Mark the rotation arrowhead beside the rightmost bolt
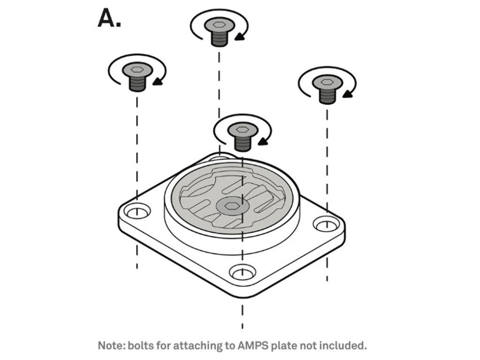coord(347,94)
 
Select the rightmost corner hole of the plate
coord(326,225)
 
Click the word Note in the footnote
coord(111,346)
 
